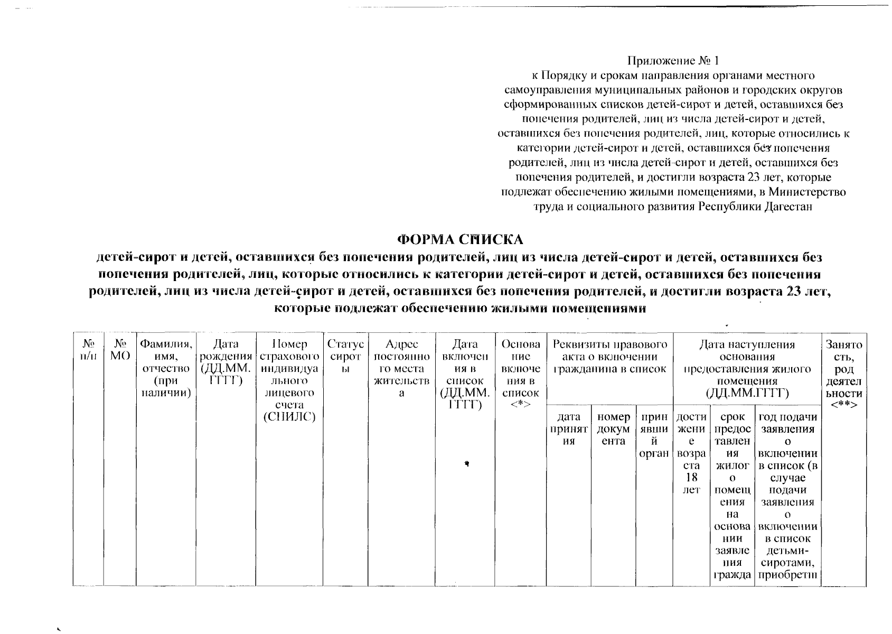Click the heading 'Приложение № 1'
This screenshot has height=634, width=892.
pyautogui.click(x=673, y=61)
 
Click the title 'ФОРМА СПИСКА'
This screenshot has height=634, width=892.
pyautogui.click(x=459, y=239)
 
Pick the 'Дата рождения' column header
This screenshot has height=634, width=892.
pyautogui.click(x=226, y=362)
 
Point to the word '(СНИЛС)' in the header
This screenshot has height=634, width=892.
pyautogui.click(x=289, y=417)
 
